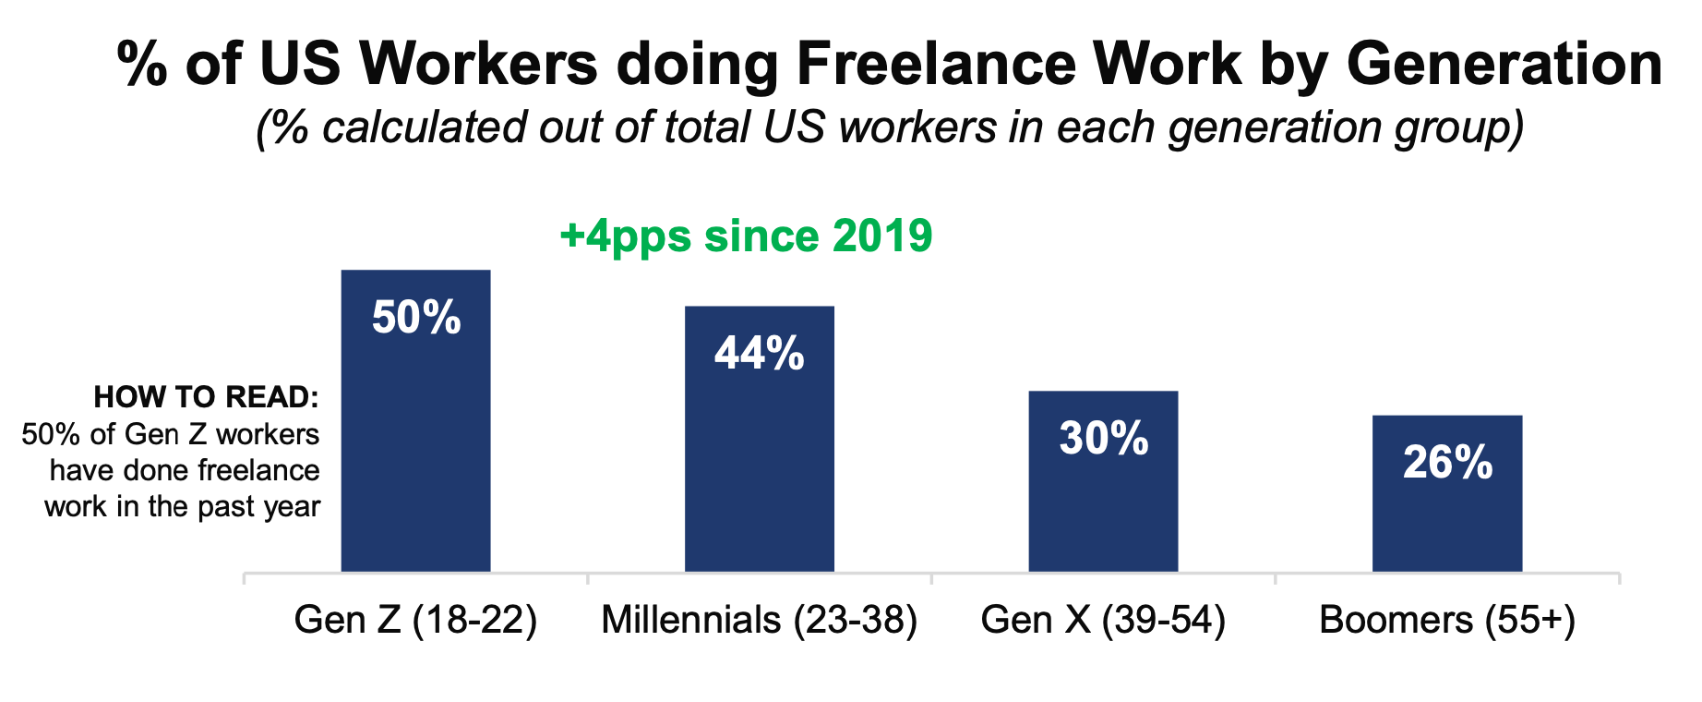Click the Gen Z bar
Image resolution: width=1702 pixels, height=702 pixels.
[415, 443]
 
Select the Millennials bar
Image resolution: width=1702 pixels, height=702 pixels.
[759, 462]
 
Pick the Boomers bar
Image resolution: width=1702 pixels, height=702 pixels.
[1446, 517]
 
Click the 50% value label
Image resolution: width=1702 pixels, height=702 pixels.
[416, 318]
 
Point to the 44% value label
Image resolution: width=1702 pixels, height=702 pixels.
[759, 354]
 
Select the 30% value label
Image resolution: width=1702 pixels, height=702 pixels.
[1104, 439]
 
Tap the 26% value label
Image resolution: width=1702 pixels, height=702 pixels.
[1447, 463]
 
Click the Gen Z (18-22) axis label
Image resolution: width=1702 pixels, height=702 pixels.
[415, 620]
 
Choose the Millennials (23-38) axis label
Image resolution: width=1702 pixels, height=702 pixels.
[759, 620]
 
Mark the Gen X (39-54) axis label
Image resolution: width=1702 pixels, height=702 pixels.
[1103, 620]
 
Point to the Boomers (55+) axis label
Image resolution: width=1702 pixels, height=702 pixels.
[1446, 620]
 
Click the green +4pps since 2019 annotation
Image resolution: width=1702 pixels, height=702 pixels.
[746, 236]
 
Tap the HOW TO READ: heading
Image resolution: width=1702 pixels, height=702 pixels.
[206, 397]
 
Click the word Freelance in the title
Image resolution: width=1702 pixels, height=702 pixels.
[935, 65]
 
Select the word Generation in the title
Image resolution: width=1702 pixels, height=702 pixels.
[1504, 65]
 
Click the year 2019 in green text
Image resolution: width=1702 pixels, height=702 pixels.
[881, 236]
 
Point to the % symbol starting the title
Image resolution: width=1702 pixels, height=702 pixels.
[142, 65]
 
